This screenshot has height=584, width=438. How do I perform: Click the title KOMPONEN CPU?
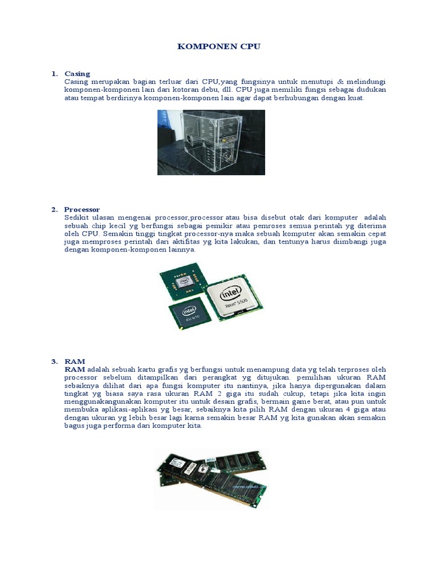(218, 47)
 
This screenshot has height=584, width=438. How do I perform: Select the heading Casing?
(77, 74)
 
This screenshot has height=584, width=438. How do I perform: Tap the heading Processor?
(82, 210)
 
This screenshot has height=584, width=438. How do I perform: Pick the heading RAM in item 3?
(75, 362)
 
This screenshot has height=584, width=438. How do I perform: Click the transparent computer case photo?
(211, 142)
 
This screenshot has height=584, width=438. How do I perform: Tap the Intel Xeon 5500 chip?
(234, 297)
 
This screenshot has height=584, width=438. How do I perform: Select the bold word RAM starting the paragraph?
(75, 370)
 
